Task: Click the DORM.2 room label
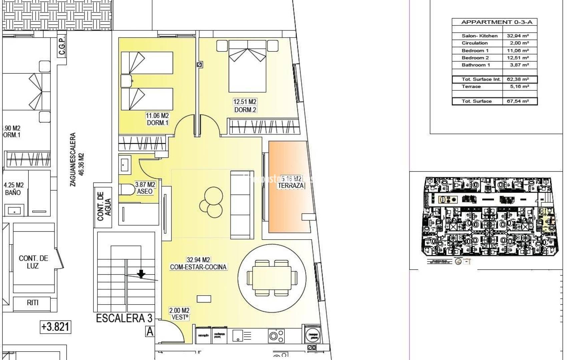(245, 110)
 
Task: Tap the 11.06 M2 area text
(157, 116)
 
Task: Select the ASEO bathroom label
(145, 191)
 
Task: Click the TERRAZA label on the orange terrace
(291, 186)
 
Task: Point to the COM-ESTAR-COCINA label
(198, 267)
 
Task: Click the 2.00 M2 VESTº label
(179, 314)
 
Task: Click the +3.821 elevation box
(55, 327)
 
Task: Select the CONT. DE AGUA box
(103, 206)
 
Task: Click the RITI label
(32, 303)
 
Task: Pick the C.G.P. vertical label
(62, 46)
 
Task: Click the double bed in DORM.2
(247, 67)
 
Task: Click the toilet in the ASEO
(126, 189)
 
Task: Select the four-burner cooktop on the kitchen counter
(276, 336)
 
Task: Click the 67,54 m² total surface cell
(518, 101)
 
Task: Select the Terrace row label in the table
(471, 87)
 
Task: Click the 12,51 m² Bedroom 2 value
(518, 58)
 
